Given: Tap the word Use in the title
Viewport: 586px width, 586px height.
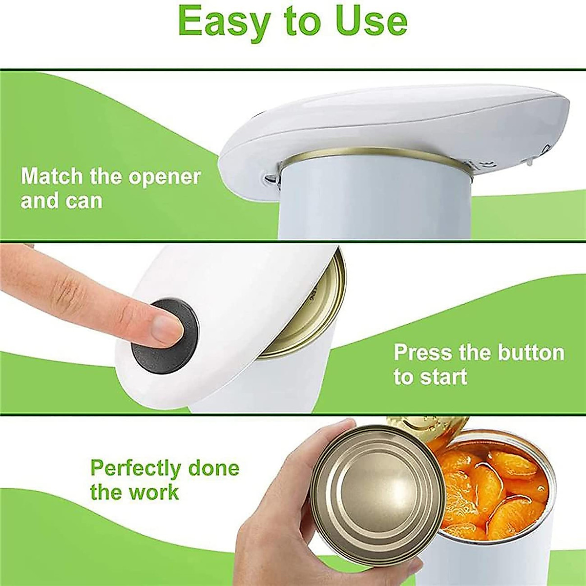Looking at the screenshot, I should (x=371, y=21).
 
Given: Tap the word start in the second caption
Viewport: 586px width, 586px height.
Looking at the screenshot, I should (x=441, y=377).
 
